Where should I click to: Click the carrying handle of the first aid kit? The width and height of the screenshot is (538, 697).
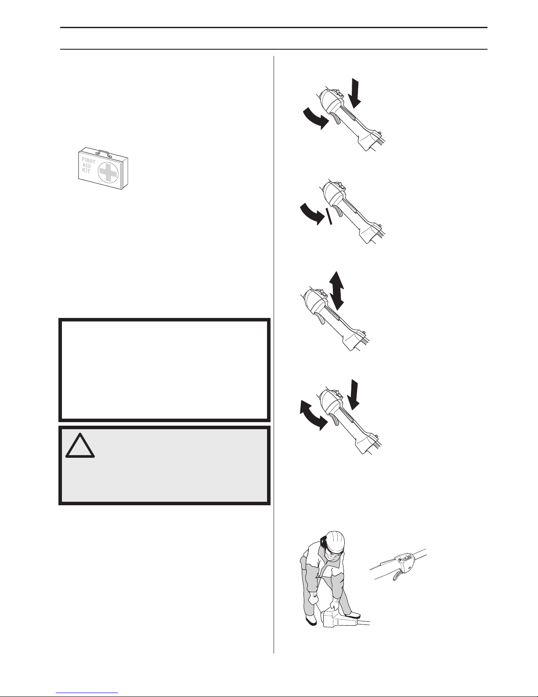pyautogui.click(x=103, y=153)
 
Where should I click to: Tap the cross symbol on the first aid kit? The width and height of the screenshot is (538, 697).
pyautogui.click(x=108, y=173)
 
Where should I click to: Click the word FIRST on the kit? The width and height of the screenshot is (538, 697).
pyautogui.click(x=88, y=161)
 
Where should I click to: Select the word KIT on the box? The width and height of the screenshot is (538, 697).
pyautogui.click(x=86, y=170)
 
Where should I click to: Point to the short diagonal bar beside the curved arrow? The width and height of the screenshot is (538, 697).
pyautogui.click(x=329, y=216)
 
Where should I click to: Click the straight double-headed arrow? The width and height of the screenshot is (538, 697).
pyautogui.click(x=336, y=290)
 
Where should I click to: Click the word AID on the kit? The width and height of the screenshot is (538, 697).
pyautogui.click(x=87, y=165)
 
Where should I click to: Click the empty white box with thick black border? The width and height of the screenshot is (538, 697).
pyautogui.click(x=164, y=370)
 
